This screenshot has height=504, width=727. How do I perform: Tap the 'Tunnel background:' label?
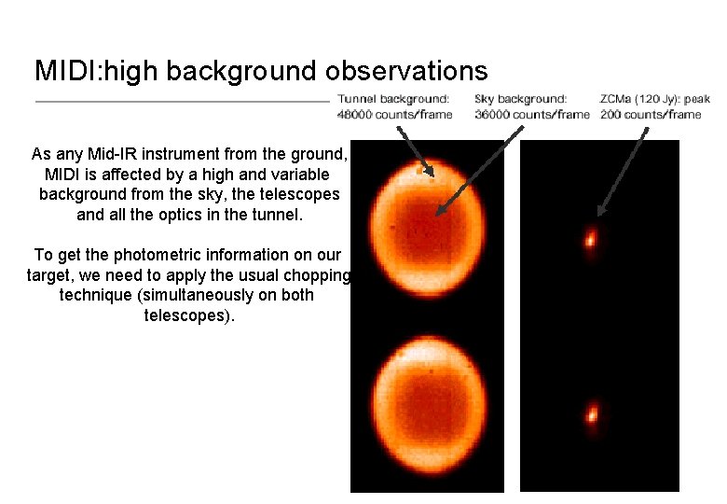click(393, 99)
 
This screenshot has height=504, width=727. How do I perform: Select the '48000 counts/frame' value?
click(394, 114)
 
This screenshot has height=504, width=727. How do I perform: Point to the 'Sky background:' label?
click(520, 99)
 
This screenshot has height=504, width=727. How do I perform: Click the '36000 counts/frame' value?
click(532, 114)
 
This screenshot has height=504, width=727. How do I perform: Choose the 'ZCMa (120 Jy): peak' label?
click(655, 99)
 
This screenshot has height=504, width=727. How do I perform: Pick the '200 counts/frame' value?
click(650, 114)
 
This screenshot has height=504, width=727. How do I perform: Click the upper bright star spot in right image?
click(590, 239)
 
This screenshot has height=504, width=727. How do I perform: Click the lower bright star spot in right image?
click(591, 413)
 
